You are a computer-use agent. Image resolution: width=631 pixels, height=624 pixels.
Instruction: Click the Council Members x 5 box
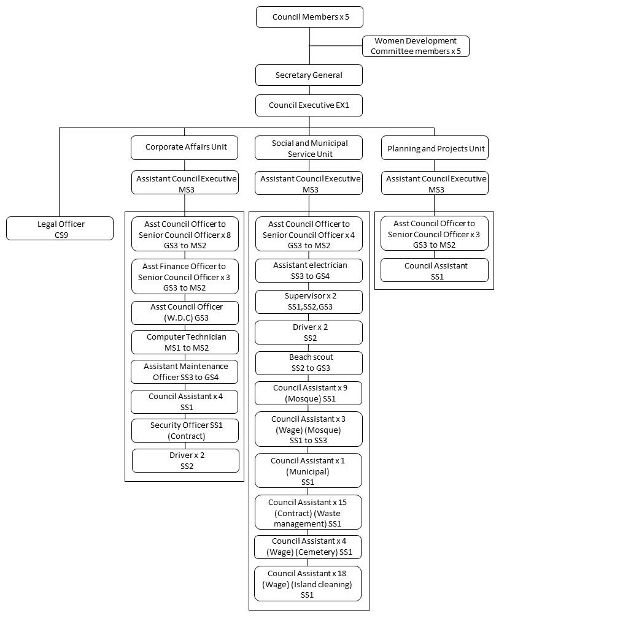(x=309, y=17)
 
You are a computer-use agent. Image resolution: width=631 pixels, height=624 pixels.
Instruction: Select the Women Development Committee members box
(x=416, y=46)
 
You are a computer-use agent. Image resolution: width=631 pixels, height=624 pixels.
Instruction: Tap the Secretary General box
(x=309, y=75)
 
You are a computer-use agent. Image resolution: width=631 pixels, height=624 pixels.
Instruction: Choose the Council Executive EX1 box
(x=309, y=105)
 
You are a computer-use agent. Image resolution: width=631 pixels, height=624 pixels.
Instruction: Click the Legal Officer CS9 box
(x=60, y=229)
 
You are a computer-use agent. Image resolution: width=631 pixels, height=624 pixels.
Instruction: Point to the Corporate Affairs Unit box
(x=184, y=148)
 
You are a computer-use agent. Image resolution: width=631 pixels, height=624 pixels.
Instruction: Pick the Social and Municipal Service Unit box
(x=309, y=148)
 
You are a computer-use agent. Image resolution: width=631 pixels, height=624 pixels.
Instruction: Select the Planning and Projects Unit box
(x=435, y=148)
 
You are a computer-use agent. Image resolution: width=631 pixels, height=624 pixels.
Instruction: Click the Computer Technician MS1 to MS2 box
(x=185, y=342)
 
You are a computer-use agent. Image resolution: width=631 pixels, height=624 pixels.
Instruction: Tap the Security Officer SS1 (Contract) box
(x=185, y=431)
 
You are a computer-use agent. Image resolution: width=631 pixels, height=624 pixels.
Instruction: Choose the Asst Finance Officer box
(x=185, y=276)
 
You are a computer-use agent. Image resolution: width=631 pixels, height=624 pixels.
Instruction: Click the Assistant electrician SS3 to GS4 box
(x=309, y=271)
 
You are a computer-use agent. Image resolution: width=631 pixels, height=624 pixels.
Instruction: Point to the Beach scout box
(x=309, y=363)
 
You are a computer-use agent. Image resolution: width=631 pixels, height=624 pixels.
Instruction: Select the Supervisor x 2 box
(x=309, y=302)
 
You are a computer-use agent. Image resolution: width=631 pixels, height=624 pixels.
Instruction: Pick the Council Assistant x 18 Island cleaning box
(x=308, y=584)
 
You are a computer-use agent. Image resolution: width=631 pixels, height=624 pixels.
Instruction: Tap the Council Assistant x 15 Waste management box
(x=308, y=512)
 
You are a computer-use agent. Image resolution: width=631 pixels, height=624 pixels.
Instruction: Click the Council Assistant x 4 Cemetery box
(x=308, y=547)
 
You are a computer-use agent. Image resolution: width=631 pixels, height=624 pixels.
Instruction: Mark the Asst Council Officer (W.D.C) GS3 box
(x=185, y=313)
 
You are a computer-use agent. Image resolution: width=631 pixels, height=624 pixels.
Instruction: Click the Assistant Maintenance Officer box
(x=184, y=372)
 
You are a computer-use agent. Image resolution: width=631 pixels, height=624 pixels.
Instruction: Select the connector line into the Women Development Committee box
(x=336, y=46)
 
